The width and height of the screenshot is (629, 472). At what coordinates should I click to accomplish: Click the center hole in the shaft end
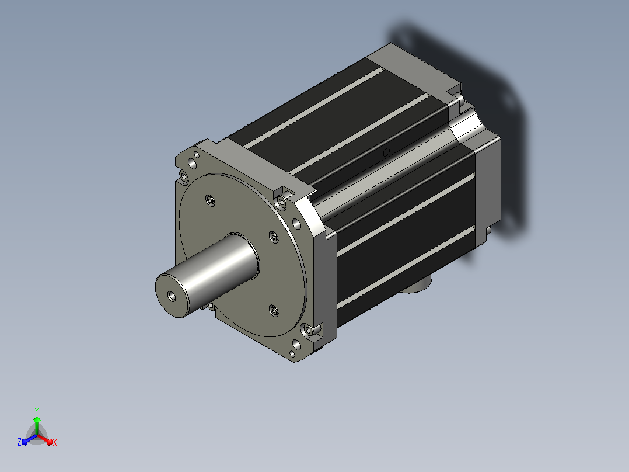point(172,296)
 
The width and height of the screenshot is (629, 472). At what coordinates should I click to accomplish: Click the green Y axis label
point(37,411)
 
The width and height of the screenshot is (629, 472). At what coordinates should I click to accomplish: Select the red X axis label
point(55,442)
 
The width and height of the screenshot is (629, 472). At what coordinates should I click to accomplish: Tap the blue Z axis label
point(19,442)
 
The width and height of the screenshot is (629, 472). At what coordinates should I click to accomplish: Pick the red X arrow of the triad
point(45,439)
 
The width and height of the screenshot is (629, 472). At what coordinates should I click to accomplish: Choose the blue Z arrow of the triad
point(29,439)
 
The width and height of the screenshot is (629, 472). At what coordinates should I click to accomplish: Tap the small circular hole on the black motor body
point(386,152)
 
